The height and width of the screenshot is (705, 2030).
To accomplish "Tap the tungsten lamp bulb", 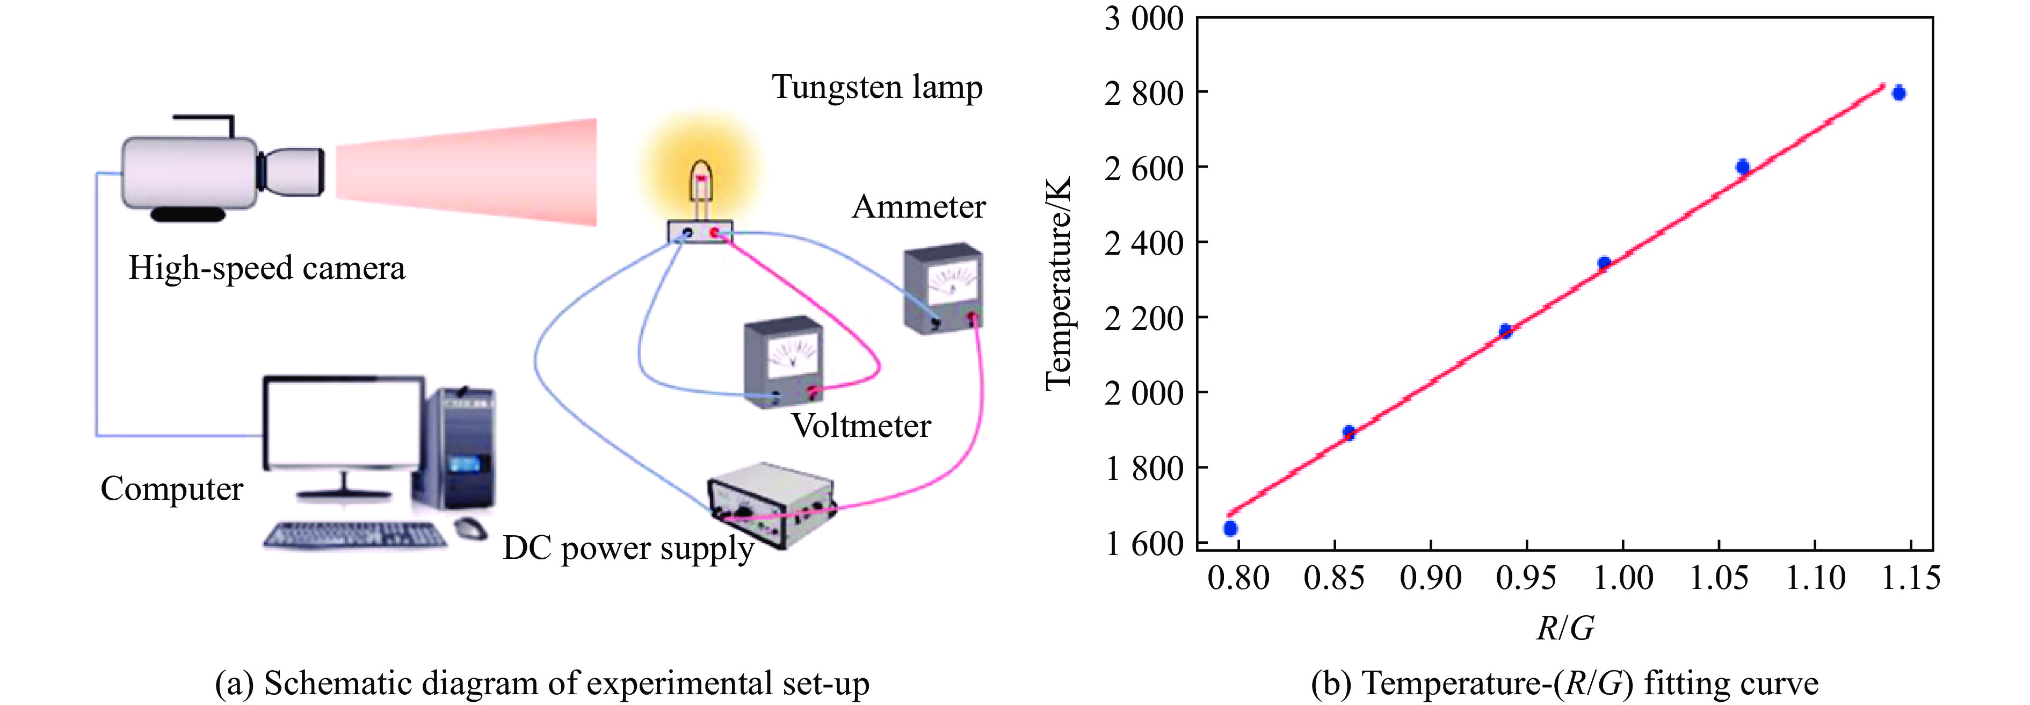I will [x=701, y=182].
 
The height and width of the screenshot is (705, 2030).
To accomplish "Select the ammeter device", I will [x=943, y=289].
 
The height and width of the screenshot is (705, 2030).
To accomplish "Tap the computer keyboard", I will [x=354, y=535].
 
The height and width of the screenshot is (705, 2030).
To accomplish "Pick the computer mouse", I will [x=470, y=528].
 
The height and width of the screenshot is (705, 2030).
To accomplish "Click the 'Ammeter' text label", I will [x=918, y=207].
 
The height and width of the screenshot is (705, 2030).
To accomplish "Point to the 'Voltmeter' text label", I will [x=860, y=426].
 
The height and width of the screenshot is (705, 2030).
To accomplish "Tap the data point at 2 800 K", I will [x=1898, y=93].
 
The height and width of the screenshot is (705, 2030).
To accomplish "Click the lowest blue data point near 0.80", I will [x=1230, y=528].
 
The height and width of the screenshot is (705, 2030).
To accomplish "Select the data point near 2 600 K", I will [x=1742, y=167].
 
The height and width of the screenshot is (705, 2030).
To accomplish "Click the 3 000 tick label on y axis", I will [x=1143, y=18].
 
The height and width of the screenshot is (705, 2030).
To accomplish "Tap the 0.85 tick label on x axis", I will [x=1333, y=578].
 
